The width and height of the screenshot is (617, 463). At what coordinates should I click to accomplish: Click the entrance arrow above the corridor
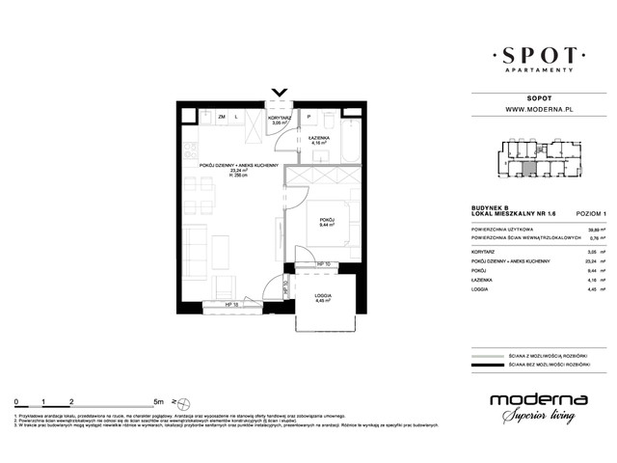[x=280, y=94]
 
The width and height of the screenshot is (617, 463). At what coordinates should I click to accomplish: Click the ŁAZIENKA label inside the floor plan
[x=319, y=139]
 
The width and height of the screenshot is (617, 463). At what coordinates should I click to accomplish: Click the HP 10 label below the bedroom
[x=325, y=263]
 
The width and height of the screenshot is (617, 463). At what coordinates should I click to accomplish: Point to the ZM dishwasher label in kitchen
[x=222, y=117]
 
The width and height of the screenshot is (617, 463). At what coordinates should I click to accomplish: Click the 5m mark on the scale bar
[x=144, y=398]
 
